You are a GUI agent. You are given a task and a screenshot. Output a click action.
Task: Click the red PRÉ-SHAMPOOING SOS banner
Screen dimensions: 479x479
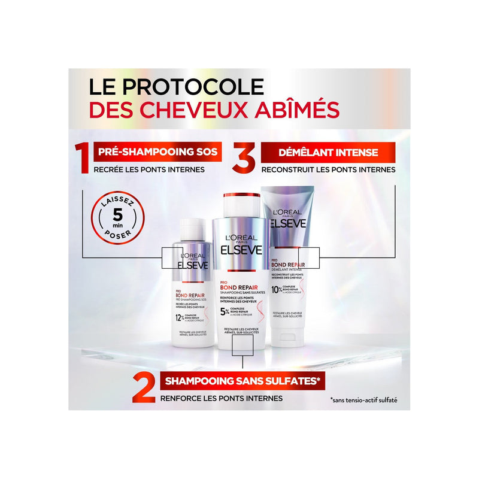(x=155, y=151)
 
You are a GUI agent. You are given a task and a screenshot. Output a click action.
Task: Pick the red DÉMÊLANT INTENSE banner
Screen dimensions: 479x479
(x=327, y=151)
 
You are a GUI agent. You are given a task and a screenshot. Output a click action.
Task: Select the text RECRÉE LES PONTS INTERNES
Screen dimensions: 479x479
(x=149, y=169)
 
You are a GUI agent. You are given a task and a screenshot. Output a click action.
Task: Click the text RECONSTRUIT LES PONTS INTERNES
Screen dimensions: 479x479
(x=328, y=169)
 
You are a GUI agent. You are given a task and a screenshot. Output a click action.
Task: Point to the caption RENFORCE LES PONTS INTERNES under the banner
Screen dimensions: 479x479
(x=221, y=397)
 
